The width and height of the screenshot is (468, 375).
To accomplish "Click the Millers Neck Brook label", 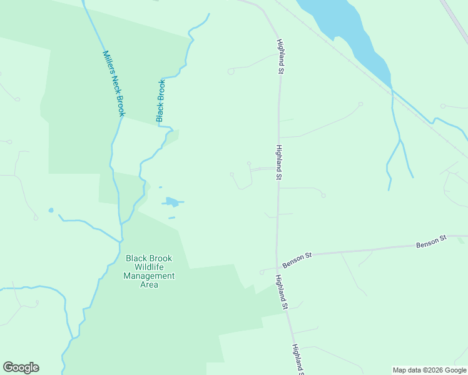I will pos(114,83).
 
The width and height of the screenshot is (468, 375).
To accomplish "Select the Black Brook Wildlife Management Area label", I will pos(149,271).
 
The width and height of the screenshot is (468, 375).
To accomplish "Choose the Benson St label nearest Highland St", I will pos(297,261).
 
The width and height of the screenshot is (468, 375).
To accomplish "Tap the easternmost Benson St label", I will pos(432,241).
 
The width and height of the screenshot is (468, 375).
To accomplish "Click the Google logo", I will pos(21,367).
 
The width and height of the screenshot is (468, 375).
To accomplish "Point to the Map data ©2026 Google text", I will pos(429,370).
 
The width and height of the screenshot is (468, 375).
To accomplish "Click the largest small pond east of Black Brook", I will pos(171,202).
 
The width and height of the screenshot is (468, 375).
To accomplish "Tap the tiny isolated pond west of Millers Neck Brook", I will pos(51,210).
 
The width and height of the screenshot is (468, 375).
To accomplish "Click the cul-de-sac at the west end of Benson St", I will pos(262,272).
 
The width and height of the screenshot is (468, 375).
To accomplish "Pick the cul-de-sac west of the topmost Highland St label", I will pos(230,72).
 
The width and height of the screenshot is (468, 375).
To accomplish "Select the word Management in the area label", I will pos(149,276).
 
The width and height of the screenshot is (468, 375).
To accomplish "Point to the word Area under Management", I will pos(149,284).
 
